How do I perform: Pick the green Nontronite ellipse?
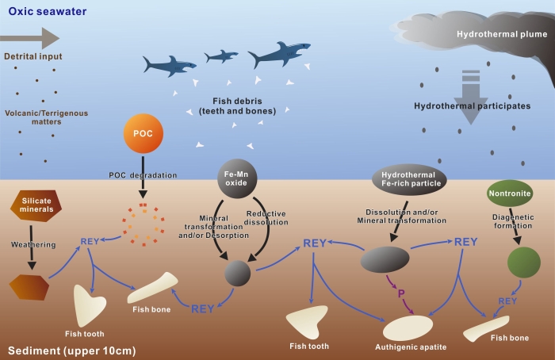click(x=509, y=193)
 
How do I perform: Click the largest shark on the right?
click(x=278, y=55)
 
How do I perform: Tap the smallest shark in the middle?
click(x=221, y=56)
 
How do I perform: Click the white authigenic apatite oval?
click(x=408, y=327)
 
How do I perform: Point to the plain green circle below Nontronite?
click(x=524, y=262)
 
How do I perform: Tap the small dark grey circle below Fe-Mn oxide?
click(x=237, y=273)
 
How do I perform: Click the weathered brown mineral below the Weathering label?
click(x=29, y=285)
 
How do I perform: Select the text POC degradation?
click(x=143, y=174)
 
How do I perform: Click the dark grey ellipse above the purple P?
click(x=385, y=259)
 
